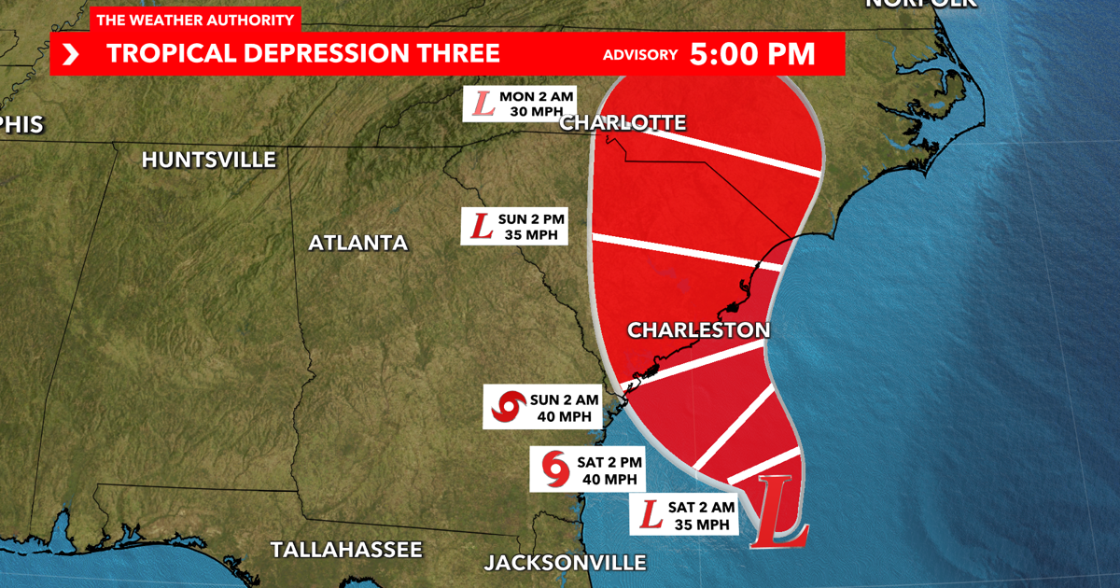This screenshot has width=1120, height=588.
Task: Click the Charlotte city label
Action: [x=623, y=122]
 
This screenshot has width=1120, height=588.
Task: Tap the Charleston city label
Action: [x=698, y=329]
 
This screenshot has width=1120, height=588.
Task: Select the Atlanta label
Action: [x=358, y=243]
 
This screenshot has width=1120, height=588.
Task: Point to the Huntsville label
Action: [x=209, y=160]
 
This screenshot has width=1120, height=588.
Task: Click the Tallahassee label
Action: [x=346, y=549]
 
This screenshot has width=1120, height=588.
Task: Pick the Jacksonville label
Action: [x=565, y=562]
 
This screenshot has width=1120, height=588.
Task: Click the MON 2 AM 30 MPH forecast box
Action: [x=521, y=103]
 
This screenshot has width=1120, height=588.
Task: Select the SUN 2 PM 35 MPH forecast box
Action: [x=515, y=226]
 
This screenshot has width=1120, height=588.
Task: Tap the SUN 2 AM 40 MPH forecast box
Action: [x=541, y=408]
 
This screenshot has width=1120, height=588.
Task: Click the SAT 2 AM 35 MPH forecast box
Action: [x=685, y=515]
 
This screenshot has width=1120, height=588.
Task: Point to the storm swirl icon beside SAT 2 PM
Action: [x=554, y=469]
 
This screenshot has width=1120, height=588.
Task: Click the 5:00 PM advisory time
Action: [x=752, y=53]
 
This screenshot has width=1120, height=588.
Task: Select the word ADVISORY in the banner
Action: [x=640, y=54]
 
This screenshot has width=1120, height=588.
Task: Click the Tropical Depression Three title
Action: [x=303, y=53]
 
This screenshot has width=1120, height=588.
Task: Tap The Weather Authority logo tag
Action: [x=195, y=20]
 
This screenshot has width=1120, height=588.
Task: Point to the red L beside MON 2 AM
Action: [x=484, y=103]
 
